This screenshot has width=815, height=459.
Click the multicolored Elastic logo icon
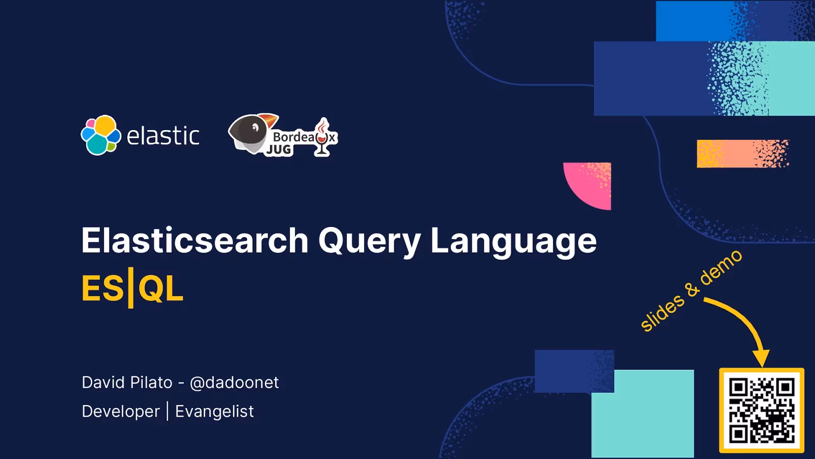pos(101,135)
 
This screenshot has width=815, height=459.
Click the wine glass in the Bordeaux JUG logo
pos(322,137)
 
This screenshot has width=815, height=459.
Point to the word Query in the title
pos(370,240)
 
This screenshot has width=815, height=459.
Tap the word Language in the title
pos(513,240)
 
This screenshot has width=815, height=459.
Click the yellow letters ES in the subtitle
pos(102,289)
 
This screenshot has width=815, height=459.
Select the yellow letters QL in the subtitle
pos(160,289)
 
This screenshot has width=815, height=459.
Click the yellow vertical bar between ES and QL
pos(131,288)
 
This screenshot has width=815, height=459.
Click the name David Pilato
pos(127,382)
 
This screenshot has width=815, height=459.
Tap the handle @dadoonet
pos(234,382)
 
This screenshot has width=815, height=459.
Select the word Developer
pos(121,412)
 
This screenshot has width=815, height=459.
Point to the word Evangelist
pos(214,412)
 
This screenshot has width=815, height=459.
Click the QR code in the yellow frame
pos(762,411)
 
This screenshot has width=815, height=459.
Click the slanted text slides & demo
pos(691,291)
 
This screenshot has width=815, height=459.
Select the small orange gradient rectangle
pos(742,154)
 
